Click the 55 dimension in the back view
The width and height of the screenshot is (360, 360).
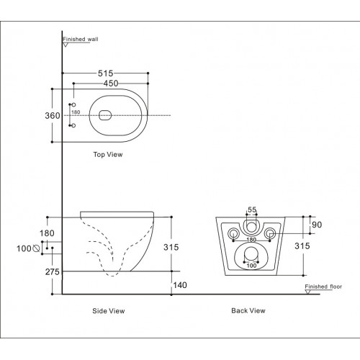pos(252,210)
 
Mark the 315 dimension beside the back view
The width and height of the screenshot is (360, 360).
pos(302,246)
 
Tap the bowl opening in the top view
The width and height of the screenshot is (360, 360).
pos(105,115)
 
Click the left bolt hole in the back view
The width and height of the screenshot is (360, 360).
pos(233,235)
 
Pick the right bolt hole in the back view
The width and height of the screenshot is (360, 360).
pos(271,235)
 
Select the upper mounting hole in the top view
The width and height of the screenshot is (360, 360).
pos(73,104)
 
